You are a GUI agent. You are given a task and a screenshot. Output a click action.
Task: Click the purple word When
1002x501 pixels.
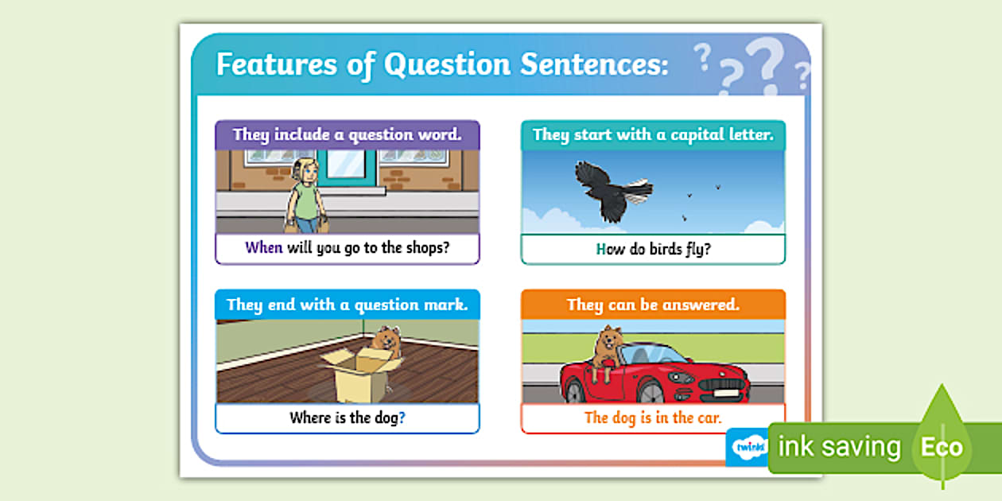click(264, 247)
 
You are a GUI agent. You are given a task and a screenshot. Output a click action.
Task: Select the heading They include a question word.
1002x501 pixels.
click(347, 134)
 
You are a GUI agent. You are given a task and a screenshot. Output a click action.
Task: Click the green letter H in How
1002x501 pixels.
click(601, 249)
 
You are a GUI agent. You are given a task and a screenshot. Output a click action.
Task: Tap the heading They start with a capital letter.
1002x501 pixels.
click(653, 134)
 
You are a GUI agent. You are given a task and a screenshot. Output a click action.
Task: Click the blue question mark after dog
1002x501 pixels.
click(402, 417)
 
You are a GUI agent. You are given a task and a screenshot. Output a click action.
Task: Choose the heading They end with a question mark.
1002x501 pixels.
click(347, 305)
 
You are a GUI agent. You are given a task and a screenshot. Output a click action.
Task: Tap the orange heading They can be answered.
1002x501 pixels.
click(653, 305)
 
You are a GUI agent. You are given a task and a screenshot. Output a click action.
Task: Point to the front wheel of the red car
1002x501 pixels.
click(650, 390)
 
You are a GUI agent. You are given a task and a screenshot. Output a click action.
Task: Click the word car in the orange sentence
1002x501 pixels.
click(708, 417)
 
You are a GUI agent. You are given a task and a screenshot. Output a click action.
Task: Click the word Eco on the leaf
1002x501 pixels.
click(942, 447)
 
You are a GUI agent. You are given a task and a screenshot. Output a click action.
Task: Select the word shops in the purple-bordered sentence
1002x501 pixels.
click(425, 247)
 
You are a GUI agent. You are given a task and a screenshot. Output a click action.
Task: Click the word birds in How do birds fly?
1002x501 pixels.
click(661, 249)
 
